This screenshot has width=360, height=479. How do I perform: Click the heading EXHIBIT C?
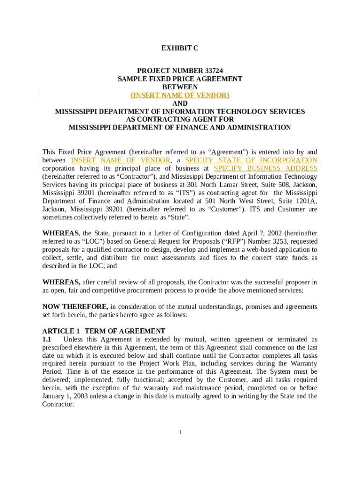coord(180,48)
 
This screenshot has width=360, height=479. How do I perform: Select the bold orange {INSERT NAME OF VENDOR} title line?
coord(180,95)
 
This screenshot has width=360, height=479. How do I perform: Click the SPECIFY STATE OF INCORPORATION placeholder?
coord(251,160)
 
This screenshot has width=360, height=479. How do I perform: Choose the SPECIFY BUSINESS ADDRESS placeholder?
coord(266,168)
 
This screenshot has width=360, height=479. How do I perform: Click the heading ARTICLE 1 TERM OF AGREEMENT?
coord(104,331)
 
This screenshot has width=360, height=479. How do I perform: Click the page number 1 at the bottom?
coord(180,432)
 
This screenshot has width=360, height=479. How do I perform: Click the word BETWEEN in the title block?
coord(180,87)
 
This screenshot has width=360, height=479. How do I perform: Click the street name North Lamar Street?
coord(225,185)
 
